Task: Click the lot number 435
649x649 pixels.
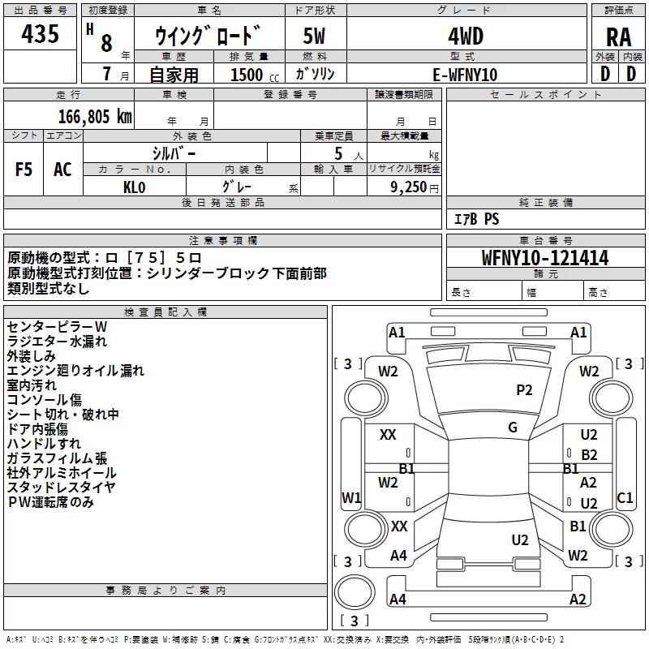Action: coord(41,34)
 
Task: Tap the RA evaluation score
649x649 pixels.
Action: coord(618,37)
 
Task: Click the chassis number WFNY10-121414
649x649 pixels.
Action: coord(545,259)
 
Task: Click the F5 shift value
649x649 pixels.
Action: coord(24,170)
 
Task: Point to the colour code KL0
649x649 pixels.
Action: coord(134,186)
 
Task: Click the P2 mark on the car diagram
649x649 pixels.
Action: coord(524,390)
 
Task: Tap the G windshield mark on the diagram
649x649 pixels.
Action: coord(513,428)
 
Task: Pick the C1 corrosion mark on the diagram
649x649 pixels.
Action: coord(625,497)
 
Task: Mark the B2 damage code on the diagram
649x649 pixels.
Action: coord(589,455)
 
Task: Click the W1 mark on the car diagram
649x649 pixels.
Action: coord(351,497)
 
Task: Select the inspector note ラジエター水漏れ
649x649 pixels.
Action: coord(57,342)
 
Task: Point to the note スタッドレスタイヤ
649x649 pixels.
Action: coord(62,488)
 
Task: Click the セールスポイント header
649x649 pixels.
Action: coord(546,95)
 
